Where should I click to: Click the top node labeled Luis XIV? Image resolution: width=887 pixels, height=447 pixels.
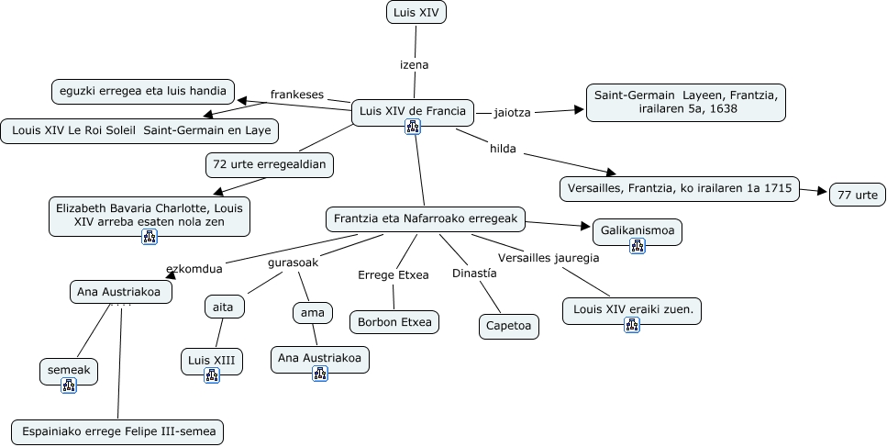[416, 13]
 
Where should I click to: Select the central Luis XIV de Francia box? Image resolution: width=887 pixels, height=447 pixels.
[413, 112]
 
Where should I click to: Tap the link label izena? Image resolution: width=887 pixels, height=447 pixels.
[415, 65]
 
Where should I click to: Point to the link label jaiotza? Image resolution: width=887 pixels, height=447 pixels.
[512, 112]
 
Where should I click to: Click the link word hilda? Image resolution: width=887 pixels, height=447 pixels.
[503, 148]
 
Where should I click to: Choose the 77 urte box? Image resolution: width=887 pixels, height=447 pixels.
[858, 195]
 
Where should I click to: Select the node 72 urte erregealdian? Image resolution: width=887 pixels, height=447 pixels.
[269, 165]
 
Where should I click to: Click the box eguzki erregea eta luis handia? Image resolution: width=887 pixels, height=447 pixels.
[141, 91]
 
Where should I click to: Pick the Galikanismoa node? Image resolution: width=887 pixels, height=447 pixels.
[638, 231]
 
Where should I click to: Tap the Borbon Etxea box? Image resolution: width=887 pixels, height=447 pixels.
[394, 322]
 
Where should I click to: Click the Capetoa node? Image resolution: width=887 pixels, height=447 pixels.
[508, 326]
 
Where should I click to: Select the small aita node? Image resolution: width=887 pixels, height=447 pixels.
[224, 307]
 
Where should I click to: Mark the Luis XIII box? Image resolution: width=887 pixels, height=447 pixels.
[212, 360]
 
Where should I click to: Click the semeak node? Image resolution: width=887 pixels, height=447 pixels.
[69, 371]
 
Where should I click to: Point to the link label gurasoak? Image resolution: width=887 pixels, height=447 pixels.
[293, 263]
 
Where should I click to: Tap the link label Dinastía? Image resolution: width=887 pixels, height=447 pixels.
[474, 274]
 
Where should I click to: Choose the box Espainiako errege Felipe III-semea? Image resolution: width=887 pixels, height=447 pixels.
[117, 431]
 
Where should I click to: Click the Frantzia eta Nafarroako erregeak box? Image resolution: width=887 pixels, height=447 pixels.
[426, 218]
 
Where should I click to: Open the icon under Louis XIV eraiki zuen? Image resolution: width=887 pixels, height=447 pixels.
[632, 324]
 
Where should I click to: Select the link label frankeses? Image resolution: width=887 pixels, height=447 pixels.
[297, 94]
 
